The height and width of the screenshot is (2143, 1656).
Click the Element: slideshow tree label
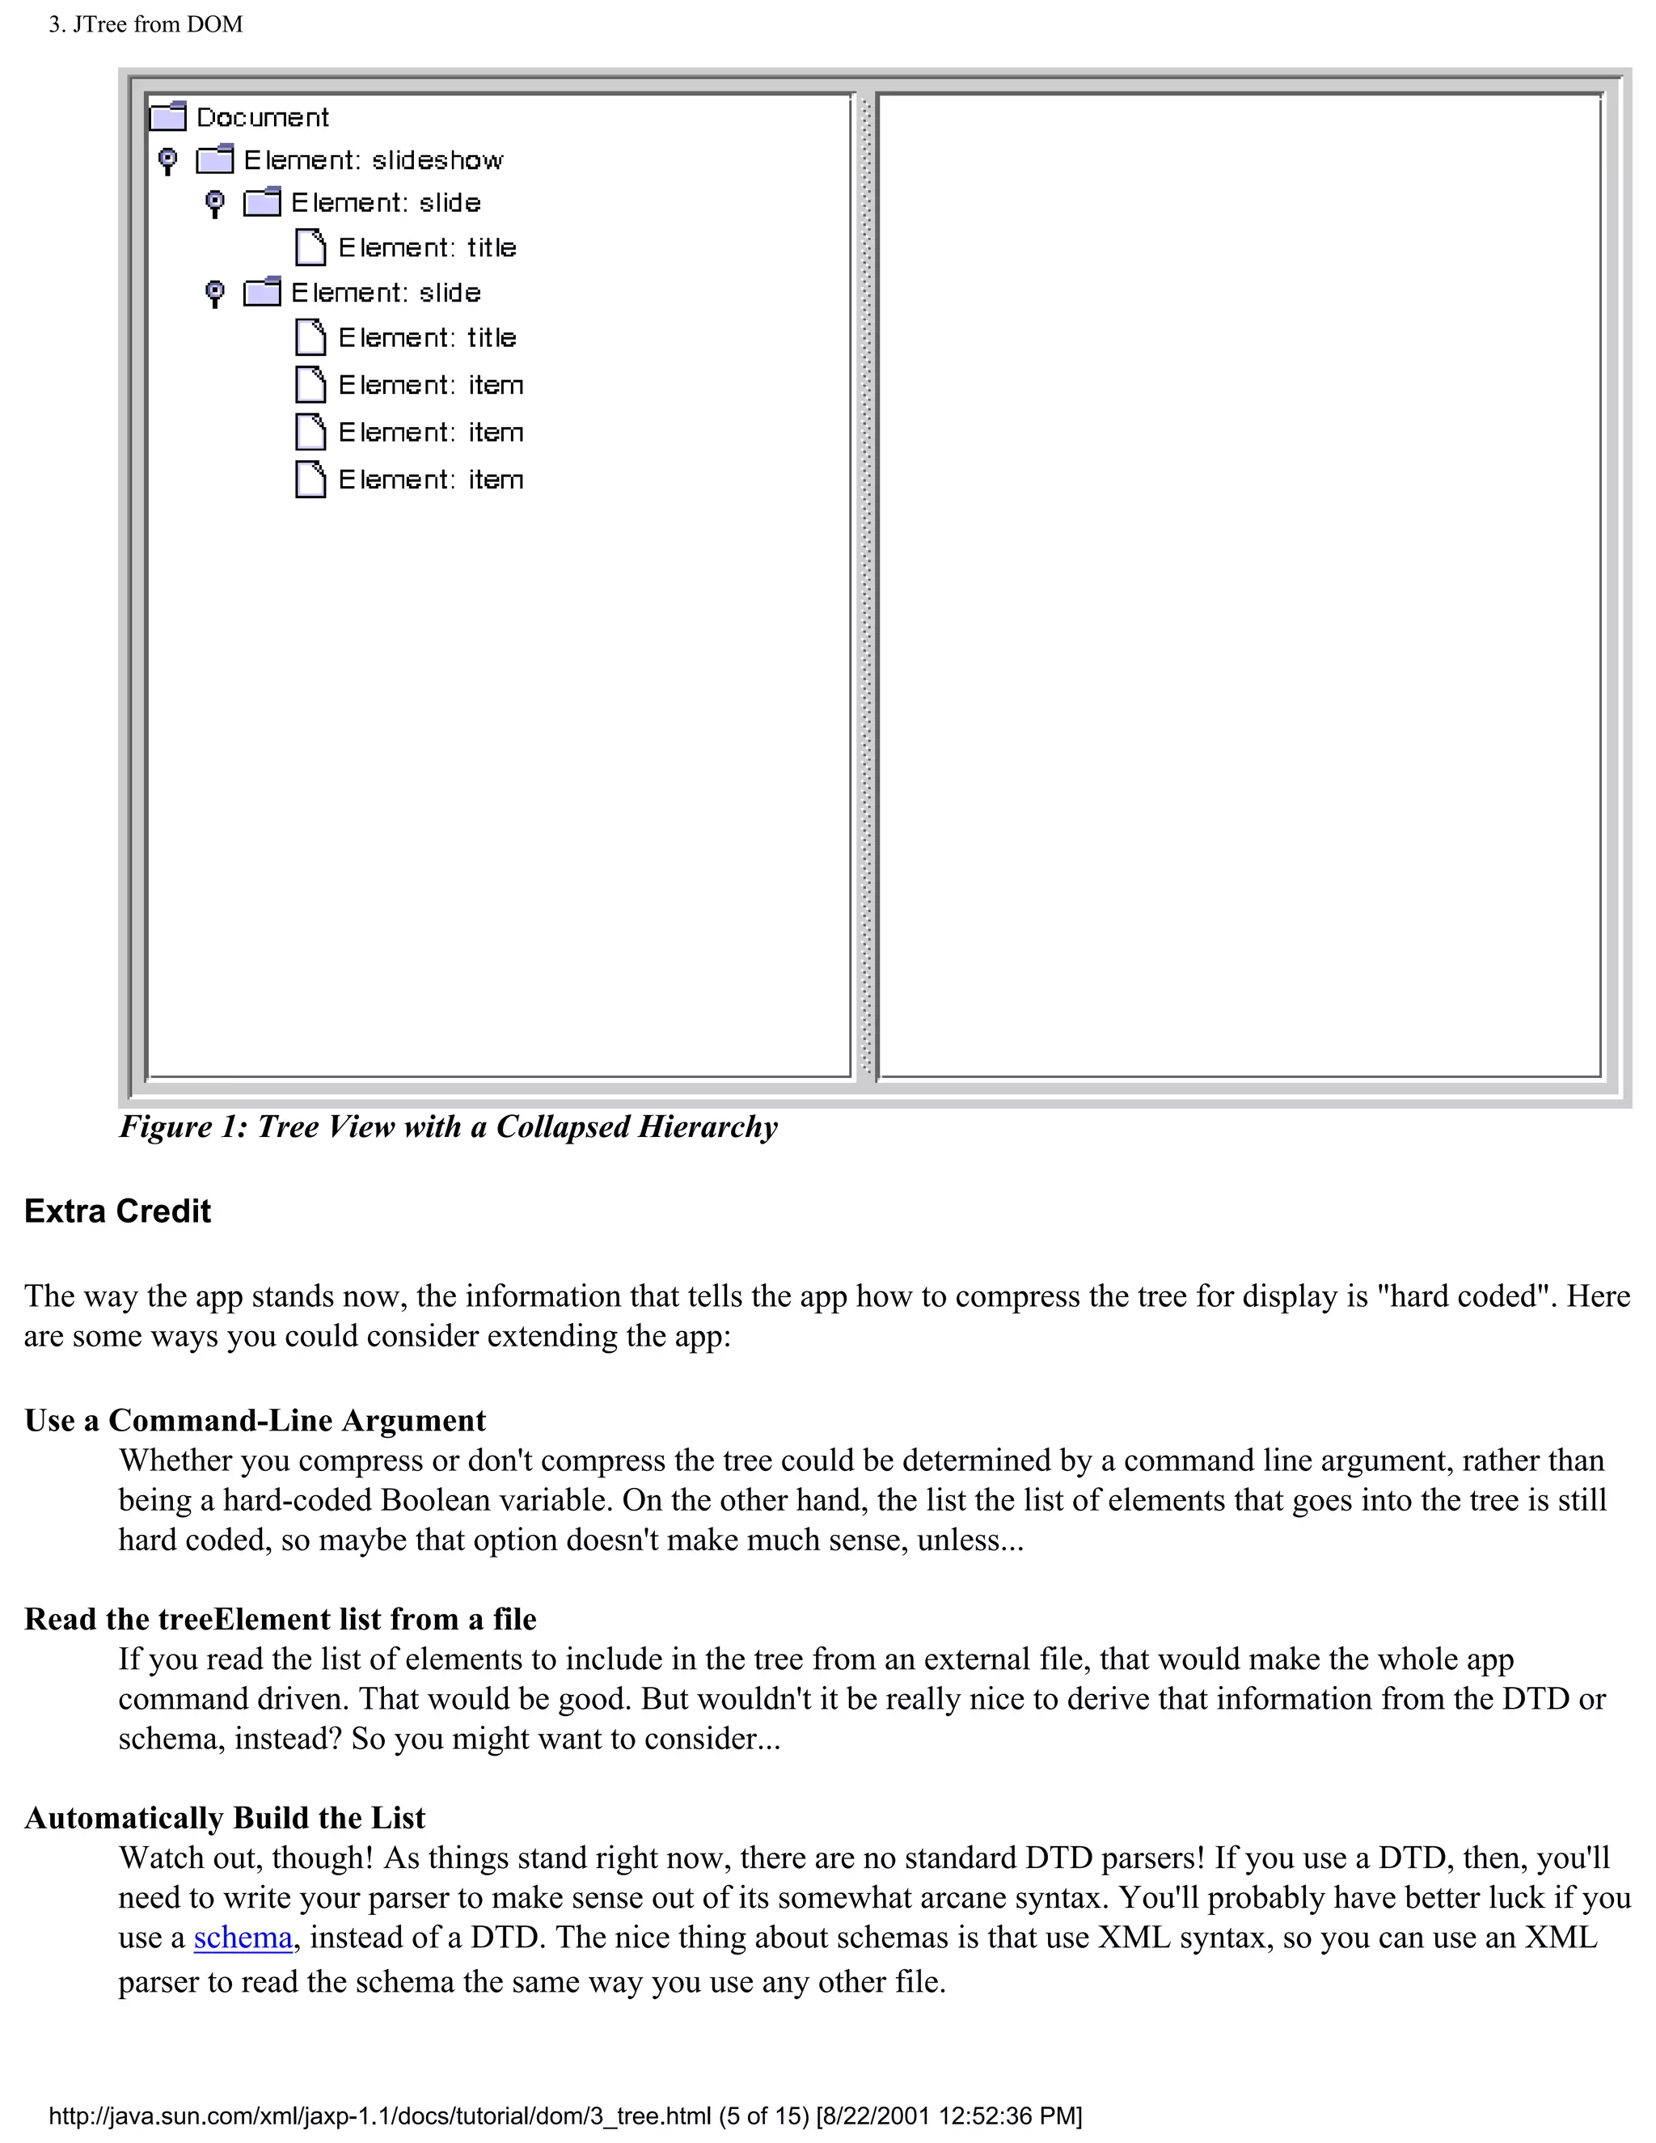(x=373, y=160)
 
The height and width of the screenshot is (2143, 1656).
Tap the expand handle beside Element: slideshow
(x=167, y=160)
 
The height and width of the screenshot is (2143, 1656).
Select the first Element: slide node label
(x=386, y=203)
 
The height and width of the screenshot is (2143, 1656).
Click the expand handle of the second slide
(x=215, y=293)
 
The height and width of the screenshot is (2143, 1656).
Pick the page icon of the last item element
(x=310, y=480)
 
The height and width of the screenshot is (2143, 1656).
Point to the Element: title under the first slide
(x=427, y=247)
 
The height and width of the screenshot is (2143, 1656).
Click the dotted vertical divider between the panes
(x=865, y=589)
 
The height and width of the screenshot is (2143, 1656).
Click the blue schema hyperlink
(x=243, y=1938)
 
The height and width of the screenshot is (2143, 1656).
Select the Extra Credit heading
(x=118, y=1211)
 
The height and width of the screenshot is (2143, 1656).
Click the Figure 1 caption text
(x=448, y=1126)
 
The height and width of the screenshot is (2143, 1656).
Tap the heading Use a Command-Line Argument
(x=255, y=1420)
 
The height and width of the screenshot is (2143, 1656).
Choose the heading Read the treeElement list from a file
(x=281, y=1619)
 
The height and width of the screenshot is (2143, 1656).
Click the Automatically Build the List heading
(x=225, y=1817)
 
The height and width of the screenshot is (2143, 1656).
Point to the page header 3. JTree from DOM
(x=146, y=23)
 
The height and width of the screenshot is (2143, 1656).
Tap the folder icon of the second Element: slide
(x=262, y=293)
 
